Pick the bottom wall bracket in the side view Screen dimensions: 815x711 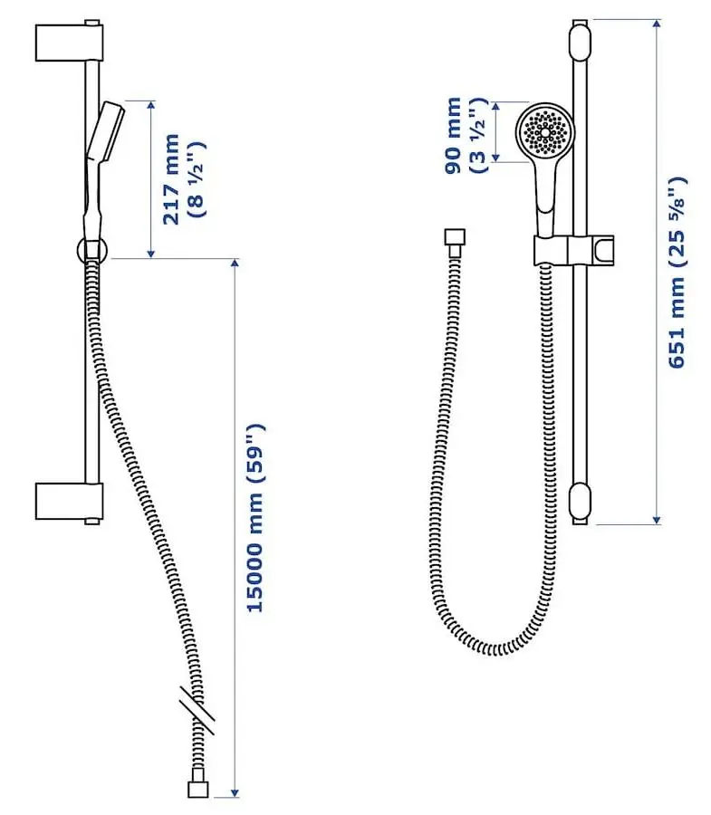point(69,501)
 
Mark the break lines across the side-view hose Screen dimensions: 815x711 point(197,712)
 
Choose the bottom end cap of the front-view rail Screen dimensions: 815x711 point(580,500)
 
